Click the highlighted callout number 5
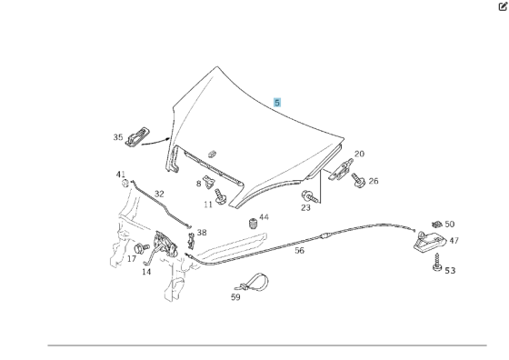(x=277, y=103)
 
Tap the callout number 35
(x=118, y=137)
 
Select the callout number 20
(x=359, y=154)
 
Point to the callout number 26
(x=374, y=181)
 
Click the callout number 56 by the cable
(x=300, y=251)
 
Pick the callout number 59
(x=235, y=297)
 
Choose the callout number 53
(x=450, y=270)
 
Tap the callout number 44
(x=264, y=217)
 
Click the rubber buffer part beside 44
(x=253, y=224)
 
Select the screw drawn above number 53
(x=437, y=263)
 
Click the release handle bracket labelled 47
(x=428, y=242)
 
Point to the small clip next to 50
(x=437, y=224)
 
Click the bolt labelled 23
(x=308, y=195)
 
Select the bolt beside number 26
(x=358, y=180)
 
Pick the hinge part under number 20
(x=341, y=169)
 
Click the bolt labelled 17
(x=141, y=248)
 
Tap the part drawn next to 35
(x=137, y=137)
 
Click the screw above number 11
(x=220, y=196)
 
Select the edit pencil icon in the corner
(x=503, y=6)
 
